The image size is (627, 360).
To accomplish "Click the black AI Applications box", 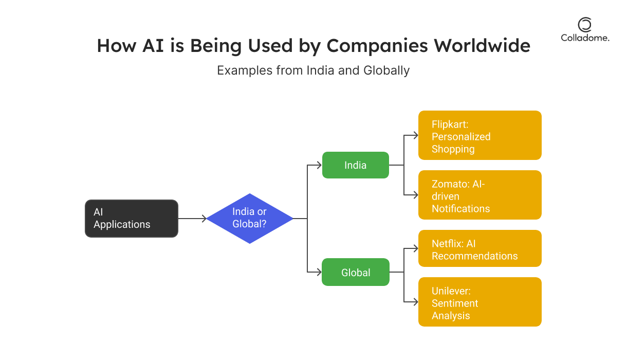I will click(x=131, y=219).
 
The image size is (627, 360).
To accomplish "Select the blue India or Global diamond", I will click(x=249, y=219).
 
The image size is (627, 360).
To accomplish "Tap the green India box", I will click(x=355, y=165).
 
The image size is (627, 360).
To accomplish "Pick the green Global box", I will click(x=355, y=272).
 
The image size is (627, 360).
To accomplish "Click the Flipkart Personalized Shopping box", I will click(x=480, y=135).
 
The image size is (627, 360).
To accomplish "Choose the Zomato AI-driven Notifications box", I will click(x=480, y=195).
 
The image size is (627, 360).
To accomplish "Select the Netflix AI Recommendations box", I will click(x=480, y=248).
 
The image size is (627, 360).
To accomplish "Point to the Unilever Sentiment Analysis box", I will click(x=480, y=302).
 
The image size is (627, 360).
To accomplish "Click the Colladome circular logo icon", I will click(x=584, y=24).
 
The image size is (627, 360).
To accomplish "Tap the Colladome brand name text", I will click(x=585, y=38).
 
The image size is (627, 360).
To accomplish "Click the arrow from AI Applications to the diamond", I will click(x=192, y=219).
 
